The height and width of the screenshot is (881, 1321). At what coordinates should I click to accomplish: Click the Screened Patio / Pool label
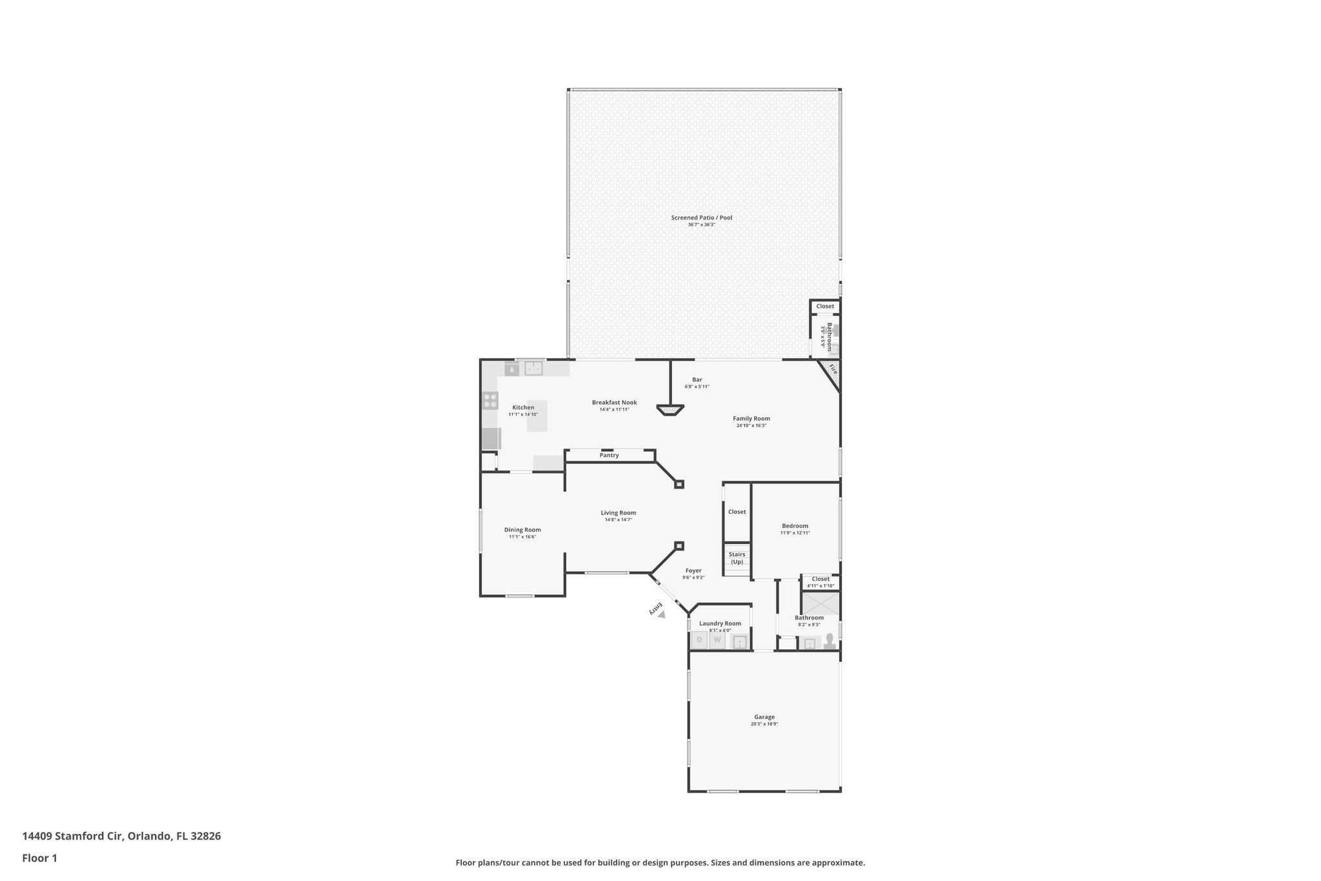[701, 218]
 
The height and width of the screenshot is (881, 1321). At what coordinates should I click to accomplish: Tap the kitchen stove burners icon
[490, 400]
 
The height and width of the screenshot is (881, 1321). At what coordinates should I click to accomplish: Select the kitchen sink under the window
[533, 369]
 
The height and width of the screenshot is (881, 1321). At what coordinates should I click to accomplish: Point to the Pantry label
[609, 456]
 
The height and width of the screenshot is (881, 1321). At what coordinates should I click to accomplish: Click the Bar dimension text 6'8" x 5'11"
[697, 387]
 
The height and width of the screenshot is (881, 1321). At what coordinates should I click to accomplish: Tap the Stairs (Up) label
[737, 558]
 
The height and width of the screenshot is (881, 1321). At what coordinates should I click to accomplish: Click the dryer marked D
[699, 640]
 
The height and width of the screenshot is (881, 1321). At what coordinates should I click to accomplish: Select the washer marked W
[717, 640]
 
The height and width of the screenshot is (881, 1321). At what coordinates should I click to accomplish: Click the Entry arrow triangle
[661, 614]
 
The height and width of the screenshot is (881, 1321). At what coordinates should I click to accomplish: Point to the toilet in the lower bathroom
[830, 640]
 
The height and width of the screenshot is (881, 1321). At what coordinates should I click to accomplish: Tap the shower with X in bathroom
[820, 603]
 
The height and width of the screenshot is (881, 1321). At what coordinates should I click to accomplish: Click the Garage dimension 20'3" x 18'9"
[764, 724]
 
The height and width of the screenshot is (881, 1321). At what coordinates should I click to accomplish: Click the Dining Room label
[522, 530]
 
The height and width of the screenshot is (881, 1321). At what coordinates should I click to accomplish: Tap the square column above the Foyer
[679, 546]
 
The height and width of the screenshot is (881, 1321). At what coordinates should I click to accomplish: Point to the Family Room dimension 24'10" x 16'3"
[751, 425]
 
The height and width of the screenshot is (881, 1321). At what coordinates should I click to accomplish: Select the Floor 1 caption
[39, 858]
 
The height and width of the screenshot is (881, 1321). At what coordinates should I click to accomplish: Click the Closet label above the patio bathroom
[825, 306]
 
